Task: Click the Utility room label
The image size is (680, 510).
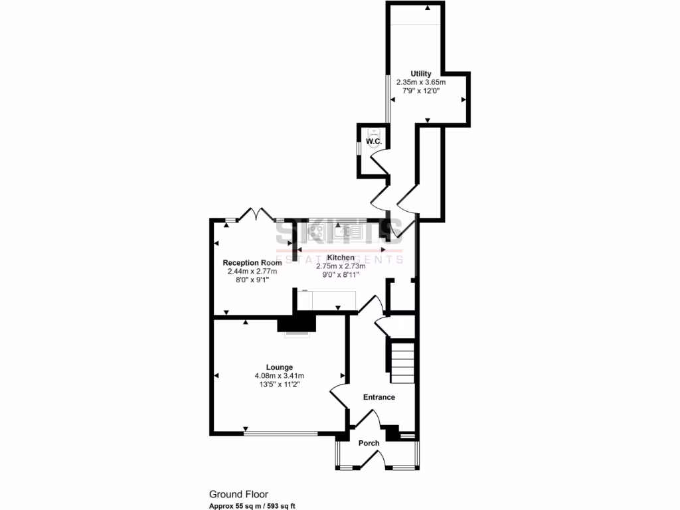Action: [x=421, y=74]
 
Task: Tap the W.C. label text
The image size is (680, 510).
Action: [x=373, y=141]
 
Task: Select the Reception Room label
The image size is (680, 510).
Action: [x=251, y=262]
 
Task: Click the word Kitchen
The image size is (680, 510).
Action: [x=341, y=258]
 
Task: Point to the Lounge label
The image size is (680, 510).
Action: [x=280, y=367]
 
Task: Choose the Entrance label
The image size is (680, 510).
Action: [x=379, y=397]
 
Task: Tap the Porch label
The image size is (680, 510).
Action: [x=369, y=443]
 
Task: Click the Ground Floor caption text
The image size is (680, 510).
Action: [x=238, y=493]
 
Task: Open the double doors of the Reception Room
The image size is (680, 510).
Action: [x=256, y=214]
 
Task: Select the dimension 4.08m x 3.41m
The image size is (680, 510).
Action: [x=280, y=376]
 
